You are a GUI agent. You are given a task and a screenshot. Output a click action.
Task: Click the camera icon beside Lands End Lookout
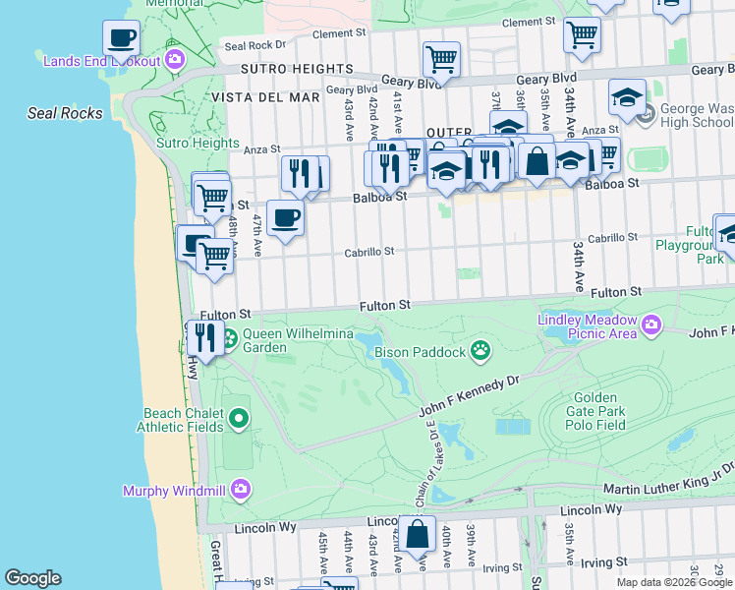[x=175, y=60]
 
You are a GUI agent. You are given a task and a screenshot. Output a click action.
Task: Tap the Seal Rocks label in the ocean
[x=65, y=113]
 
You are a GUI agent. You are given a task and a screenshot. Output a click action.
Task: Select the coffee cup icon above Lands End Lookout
[x=122, y=38]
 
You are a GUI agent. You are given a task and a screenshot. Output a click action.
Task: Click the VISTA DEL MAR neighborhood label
[x=281, y=97]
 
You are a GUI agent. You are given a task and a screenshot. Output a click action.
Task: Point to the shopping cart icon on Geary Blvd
[x=441, y=59]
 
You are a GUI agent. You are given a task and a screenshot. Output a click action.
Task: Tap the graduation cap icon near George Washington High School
[x=627, y=97]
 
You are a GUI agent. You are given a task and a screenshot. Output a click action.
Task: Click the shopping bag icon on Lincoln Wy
[x=417, y=534]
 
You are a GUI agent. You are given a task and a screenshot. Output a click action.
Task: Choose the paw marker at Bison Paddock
[x=480, y=349]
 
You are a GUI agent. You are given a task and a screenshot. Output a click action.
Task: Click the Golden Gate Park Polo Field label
[x=594, y=411]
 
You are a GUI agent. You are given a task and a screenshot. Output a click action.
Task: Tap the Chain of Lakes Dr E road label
[x=429, y=462]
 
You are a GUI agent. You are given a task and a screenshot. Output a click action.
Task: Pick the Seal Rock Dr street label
[x=254, y=45]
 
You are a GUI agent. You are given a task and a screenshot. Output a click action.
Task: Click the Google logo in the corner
[x=32, y=578]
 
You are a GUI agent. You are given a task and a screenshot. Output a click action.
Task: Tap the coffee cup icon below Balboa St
[x=285, y=218]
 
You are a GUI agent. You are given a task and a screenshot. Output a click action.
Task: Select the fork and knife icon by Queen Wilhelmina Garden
[x=204, y=337]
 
